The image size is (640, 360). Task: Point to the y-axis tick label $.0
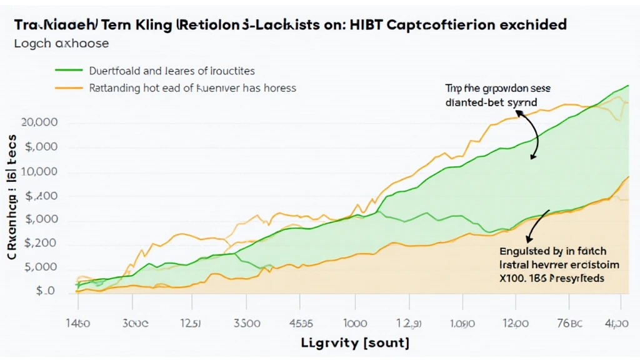[x=45, y=291]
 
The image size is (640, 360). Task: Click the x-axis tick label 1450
[x=78, y=324]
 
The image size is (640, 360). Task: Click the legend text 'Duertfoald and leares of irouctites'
[x=172, y=71]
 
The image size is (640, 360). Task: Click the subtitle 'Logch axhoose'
[x=61, y=44]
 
